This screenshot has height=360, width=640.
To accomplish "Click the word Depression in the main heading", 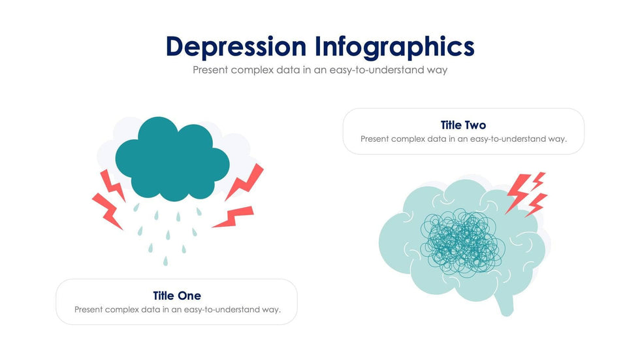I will pos(236,47).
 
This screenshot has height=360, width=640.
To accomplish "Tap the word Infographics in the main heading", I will pos(394,47).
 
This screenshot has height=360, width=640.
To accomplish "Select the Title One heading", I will pos(177,296).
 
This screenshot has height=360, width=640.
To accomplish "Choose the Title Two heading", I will pos(463,125).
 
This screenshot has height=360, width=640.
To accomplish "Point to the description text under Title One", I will pos(177,310).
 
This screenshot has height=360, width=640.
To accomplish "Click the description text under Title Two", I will pos(463,139).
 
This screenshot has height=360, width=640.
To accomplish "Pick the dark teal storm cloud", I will pos(172,160).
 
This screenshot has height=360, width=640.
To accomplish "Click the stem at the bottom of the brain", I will pos(507,306).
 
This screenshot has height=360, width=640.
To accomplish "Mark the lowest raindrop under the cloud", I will pos(165,261).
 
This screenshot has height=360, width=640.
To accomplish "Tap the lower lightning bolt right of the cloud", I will pos(234,217).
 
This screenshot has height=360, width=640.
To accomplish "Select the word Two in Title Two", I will pos(475,125).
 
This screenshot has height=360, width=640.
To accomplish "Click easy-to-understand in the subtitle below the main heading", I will pos(370,69).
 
